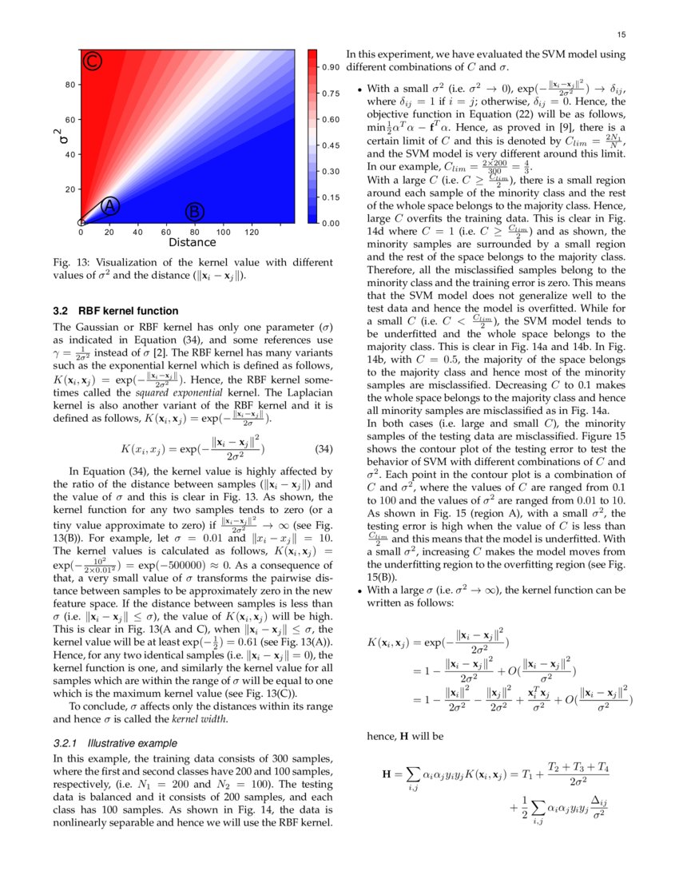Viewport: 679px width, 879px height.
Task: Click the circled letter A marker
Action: (x=110, y=205)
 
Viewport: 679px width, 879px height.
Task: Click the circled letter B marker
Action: (x=194, y=212)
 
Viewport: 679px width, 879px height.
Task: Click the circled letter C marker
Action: (x=93, y=62)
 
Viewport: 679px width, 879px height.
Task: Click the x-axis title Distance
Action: (x=192, y=242)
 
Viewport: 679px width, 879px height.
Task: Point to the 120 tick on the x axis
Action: (x=251, y=232)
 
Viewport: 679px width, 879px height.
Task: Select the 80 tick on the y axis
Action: (x=70, y=85)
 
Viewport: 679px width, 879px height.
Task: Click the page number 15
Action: (x=621, y=34)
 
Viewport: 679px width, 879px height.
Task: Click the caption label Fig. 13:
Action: (x=69, y=263)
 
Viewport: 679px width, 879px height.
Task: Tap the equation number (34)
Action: (x=320, y=449)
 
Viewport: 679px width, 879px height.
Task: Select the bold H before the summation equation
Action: (x=387, y=774)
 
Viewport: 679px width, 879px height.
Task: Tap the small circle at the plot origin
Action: (x=81, y=222)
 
